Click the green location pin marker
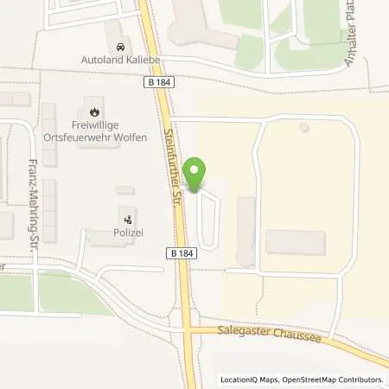(x=196, y=175)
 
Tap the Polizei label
(x=127, y=234)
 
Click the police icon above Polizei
(x=128, y=220)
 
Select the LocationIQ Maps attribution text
(x=252, y=379)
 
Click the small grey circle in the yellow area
(x=303, y=128)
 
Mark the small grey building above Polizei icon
(x=124, y=189)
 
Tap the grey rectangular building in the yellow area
(x=296, y=242)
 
